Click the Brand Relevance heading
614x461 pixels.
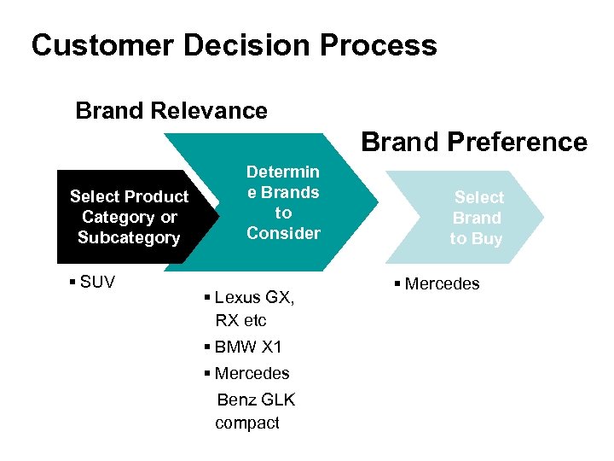pyautogui.click(x=171, y=111)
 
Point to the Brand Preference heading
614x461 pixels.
pyautogui.click(x=474, y=142)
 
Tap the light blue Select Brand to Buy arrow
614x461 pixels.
pyautogui.click(x=478, y=218)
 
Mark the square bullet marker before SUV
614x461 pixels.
pyautogui.click(x=69, y=283)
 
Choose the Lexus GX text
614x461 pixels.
pyautogui.click(x=254, y=298)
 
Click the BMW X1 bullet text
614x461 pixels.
pyautogui.click(x=248, y=347)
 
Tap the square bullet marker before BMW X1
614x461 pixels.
pyautogui.click(x=208, y=348)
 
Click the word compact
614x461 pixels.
pyautogui.click(x=246, y=423)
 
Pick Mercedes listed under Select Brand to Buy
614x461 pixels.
pyautogui.click(x=442, y=283)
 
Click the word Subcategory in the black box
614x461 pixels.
pyautogui.click(x=129, y=238)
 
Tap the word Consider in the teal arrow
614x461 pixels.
pyautogui.click(x=283, y=233)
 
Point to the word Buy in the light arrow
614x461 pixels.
pyautogui.click(x=487, y=239)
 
